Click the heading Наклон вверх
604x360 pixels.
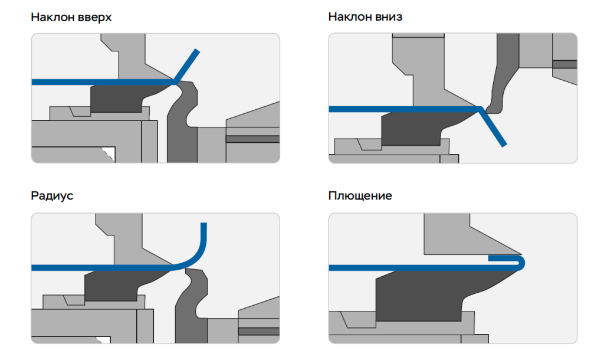coord(71,17)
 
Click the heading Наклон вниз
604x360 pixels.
coord(365,17)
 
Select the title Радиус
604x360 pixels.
coord(52,196)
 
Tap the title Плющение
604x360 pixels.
coord(360,196)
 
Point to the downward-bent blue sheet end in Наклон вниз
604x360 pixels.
coord(497,133)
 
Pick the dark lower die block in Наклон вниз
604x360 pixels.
coord(413,127)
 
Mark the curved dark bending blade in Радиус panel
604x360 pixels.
coord(192,307)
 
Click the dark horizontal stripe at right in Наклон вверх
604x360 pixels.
coord(252,139)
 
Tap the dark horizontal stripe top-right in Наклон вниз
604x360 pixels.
coord(564,64)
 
